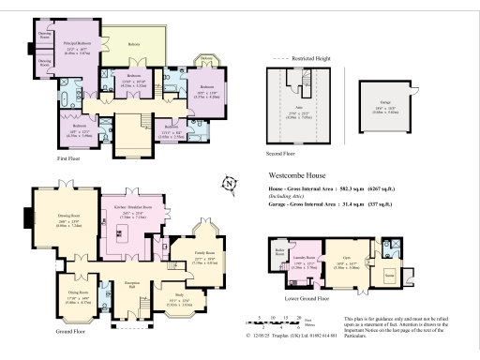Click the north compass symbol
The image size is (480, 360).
(x=232, y=183)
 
